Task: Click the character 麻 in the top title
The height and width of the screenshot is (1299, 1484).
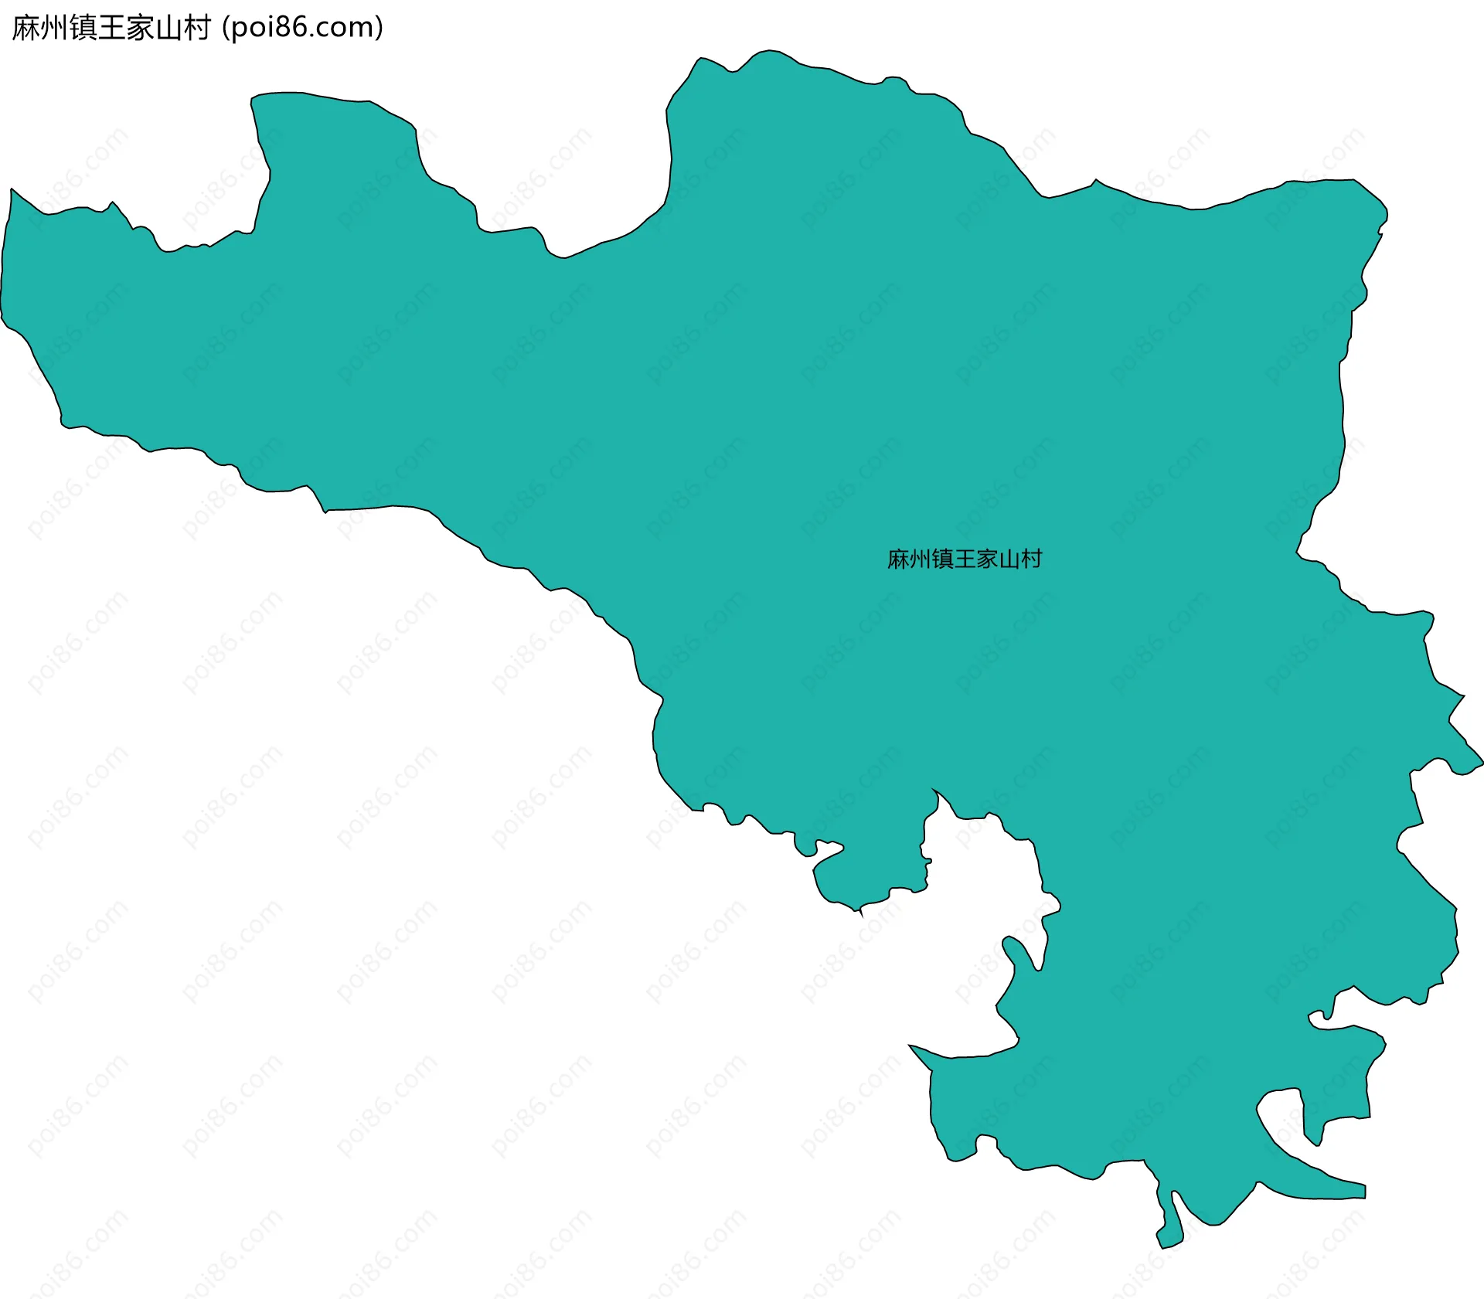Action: (26, 28)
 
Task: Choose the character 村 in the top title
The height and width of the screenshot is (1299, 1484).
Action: (196, 28)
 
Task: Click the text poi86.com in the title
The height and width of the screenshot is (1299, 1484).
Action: (302, 28)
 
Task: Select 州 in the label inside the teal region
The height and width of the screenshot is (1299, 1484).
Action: (920, 559)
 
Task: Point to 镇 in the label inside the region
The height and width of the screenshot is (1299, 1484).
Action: (942, 559)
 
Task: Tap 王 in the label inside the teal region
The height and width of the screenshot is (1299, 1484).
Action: (965, 559)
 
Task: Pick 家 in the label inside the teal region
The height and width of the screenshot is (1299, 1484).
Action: (987, 559)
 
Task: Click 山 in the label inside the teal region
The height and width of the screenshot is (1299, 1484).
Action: (1009, 559)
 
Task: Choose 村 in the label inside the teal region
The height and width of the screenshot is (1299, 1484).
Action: (1031, 559)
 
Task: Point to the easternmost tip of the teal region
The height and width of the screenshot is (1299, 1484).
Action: (1482, 763)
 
